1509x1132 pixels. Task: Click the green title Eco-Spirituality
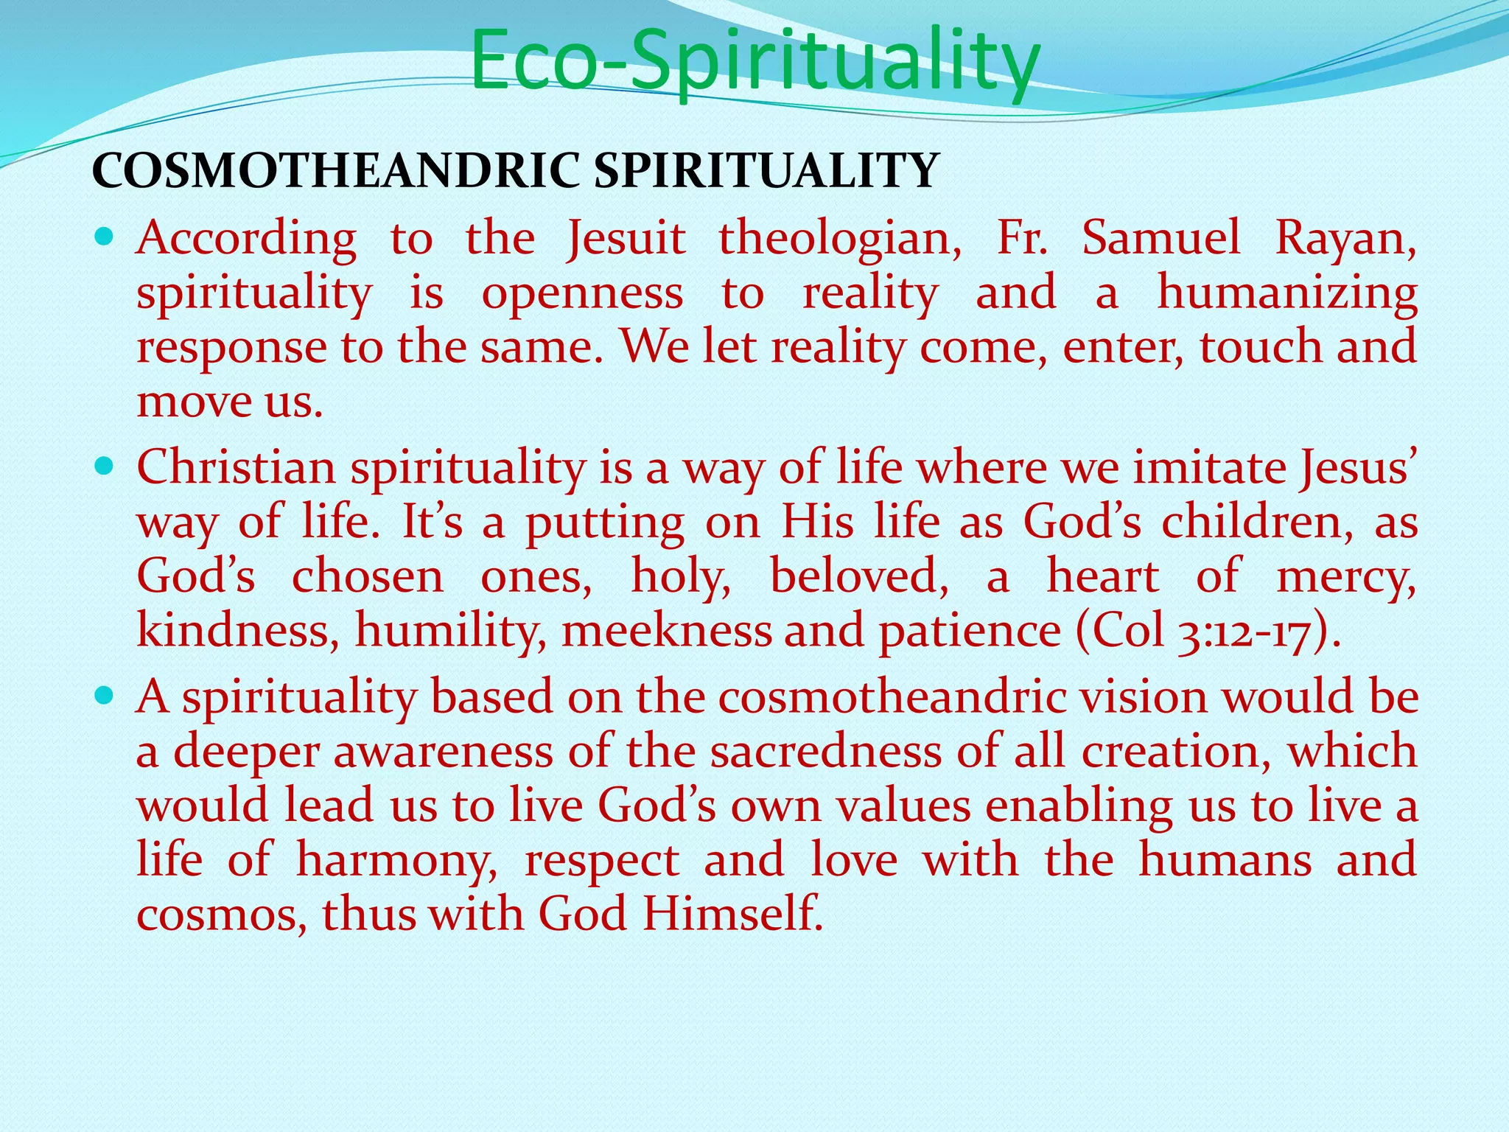pos(754,60)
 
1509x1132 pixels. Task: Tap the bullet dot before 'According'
pos(104,237)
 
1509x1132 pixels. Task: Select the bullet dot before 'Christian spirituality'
pos(104,466)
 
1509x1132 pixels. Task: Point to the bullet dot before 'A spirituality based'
pos(104,695)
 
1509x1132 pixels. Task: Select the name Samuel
pos(1162,239)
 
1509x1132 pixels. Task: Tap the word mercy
pos(1346,578)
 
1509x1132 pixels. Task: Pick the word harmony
pos(396,861)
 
